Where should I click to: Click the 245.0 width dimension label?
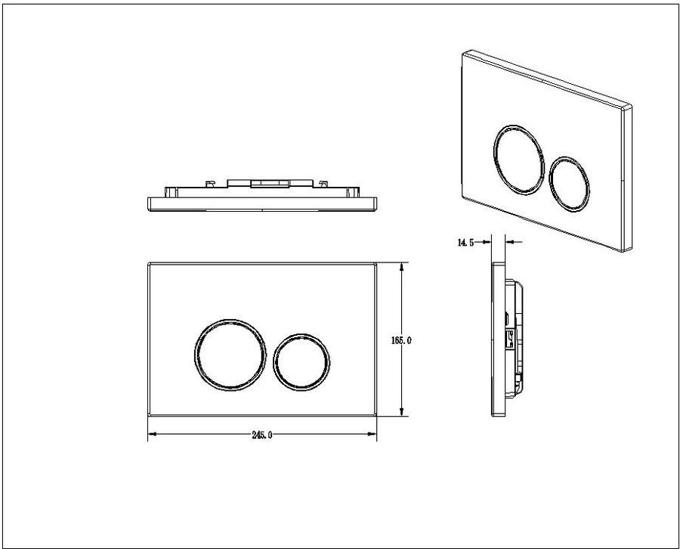pos(262,435)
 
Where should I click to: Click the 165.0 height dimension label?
pos(401,341)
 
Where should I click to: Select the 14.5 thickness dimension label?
pos(465,242)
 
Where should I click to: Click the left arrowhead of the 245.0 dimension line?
pos(152,434)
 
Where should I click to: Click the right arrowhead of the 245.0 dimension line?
pos(372,434)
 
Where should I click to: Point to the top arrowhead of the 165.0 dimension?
pos(402,267)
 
